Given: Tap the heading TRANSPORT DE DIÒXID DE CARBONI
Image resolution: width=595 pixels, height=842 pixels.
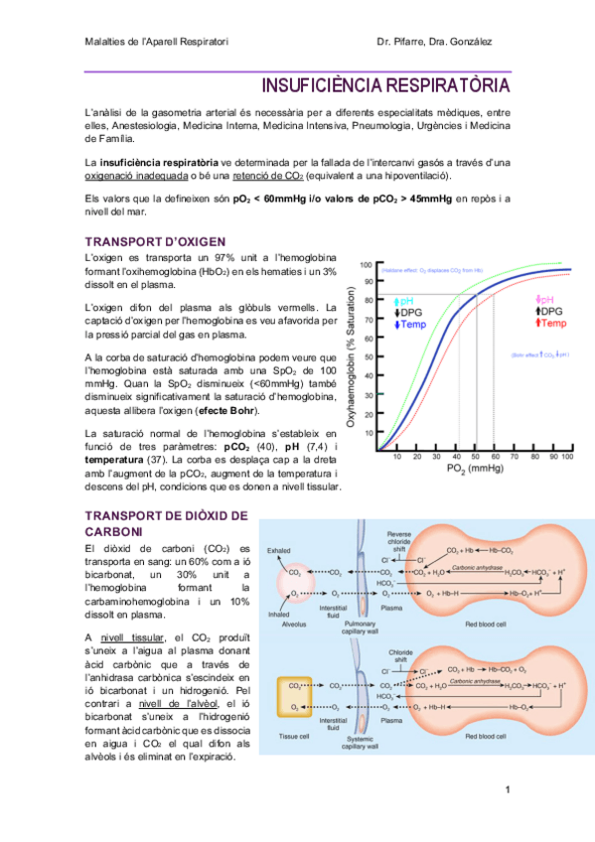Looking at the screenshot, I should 165,524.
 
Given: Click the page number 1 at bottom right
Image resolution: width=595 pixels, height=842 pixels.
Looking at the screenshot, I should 507,789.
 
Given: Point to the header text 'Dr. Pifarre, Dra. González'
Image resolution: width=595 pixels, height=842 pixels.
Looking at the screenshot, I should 434,42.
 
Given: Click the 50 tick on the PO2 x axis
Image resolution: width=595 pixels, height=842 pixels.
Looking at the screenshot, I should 476,457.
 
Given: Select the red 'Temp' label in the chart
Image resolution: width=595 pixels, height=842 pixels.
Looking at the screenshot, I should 554,324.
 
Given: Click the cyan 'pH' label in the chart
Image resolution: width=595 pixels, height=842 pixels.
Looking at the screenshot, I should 406,300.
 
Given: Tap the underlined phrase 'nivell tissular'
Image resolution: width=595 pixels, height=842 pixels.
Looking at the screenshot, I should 135,636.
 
